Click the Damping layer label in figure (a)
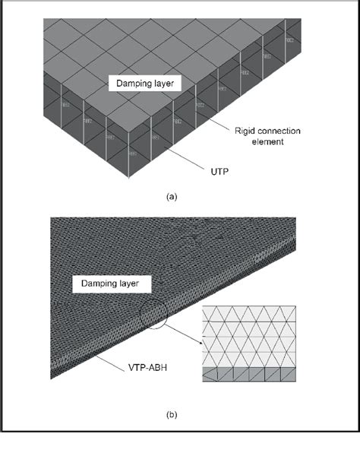(144, 84)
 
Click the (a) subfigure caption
(171, 196)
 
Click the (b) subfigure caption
(171, 415)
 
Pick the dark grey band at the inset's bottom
(251, 375)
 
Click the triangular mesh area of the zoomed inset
(251, 334)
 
